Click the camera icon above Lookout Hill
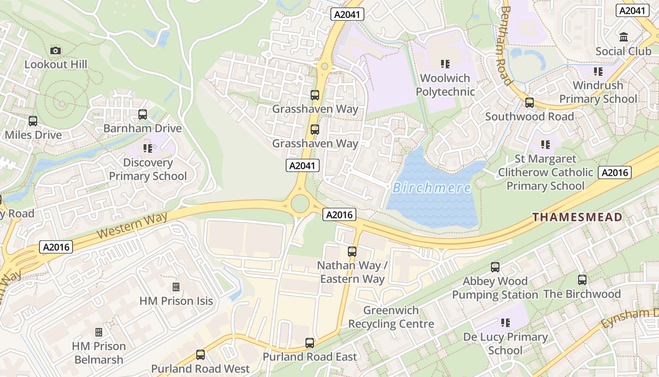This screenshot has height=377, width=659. [56, 50]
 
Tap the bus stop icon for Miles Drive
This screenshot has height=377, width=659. [33, 121]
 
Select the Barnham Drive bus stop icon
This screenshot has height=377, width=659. [143, 115]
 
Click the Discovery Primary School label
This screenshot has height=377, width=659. [148, 170]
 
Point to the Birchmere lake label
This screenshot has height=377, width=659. [432, 188]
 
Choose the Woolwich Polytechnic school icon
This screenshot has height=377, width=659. [445, 64]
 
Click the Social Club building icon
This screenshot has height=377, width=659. [624, 37]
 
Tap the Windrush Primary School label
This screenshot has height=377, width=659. [598, 92]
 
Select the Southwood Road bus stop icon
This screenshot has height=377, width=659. [530, 103]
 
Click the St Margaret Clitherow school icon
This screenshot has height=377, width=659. [546, 145]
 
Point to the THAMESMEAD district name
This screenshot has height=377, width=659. [577, 217]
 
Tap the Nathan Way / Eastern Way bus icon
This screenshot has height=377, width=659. [352, 252]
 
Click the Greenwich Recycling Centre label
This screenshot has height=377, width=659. [391, 317]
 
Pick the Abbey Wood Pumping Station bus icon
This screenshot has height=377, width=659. [495, 267]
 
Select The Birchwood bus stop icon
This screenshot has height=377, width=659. [582, 280]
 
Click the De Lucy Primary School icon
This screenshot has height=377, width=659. [506, 323]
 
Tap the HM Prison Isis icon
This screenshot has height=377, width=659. [176, 287]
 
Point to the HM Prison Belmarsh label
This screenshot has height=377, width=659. [98, 353]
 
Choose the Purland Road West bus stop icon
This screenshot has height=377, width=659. [201, 355]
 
